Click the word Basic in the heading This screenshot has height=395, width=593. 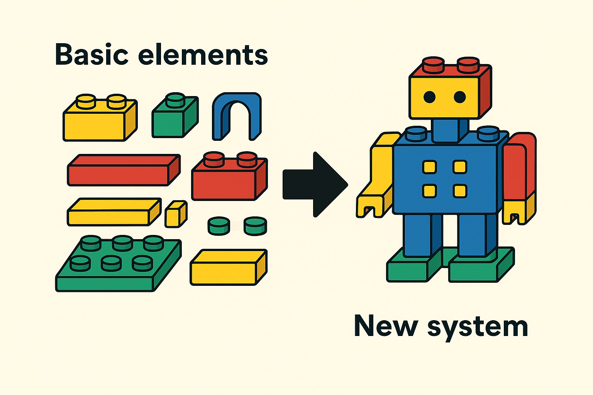[92, 55]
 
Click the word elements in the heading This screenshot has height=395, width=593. [203, 55]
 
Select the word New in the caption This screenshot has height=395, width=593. [386, 326]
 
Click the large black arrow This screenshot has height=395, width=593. [315, 185]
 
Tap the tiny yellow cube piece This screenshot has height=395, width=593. [176, 214]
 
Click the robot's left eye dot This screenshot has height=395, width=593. [429, 97]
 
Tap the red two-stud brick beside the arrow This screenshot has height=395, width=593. [229, 179]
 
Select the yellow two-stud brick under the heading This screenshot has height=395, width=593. [98, 120]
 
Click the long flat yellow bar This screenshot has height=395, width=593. [113, 212]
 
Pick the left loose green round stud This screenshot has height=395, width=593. [219, 226]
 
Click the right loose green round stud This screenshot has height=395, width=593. [255, 226]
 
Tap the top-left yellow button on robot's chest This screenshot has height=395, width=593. [430, 167]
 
